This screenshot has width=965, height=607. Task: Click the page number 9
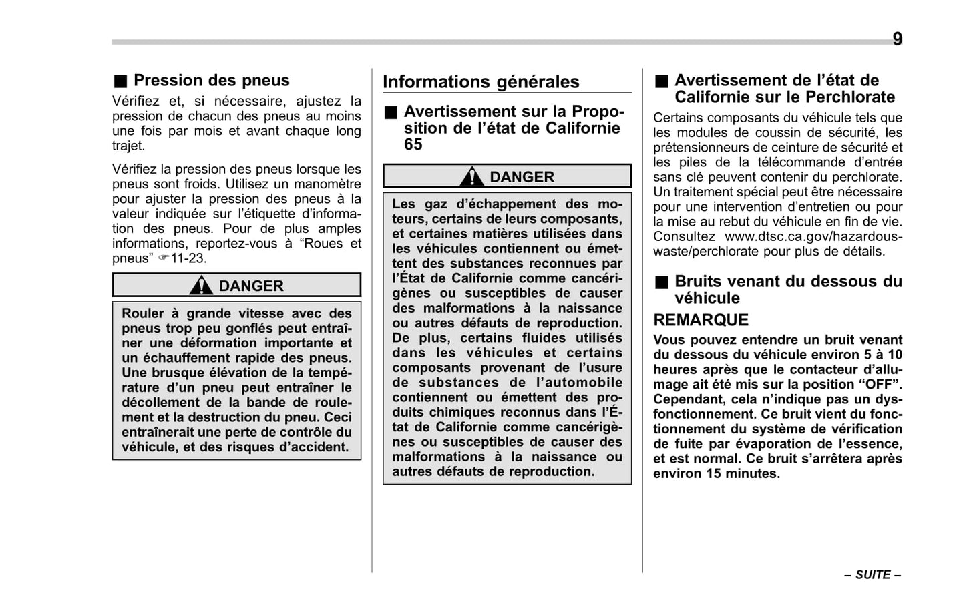click(x=897, y=39)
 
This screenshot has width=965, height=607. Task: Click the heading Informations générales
click(x=481, y=82)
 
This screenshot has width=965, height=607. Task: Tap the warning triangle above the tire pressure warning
click(x=200, y=286)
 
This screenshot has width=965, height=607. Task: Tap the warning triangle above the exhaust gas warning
click(x=471, y=177)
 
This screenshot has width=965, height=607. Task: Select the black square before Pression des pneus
click(x=120, y=81)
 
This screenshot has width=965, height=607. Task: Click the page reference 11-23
click(x=188, y=258)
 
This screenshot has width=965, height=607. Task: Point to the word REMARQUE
click(x=701, y=319)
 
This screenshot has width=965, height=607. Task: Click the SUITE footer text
click(x=873, y=574)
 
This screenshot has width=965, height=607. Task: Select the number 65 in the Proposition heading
click(x=413, y=144)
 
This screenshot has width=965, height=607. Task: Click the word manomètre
click(x=327, y=184)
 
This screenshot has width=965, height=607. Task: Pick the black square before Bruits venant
click(x=661, y=282)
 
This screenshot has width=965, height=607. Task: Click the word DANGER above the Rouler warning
click(x=251, y=286)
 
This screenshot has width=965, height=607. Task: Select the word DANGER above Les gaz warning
click(x=522, y=177)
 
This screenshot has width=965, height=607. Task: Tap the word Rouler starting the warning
click(x=143, y=313)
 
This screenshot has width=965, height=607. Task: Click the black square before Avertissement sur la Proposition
click(x=390, y=112)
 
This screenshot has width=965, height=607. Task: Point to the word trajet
click(x=128, y=146)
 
